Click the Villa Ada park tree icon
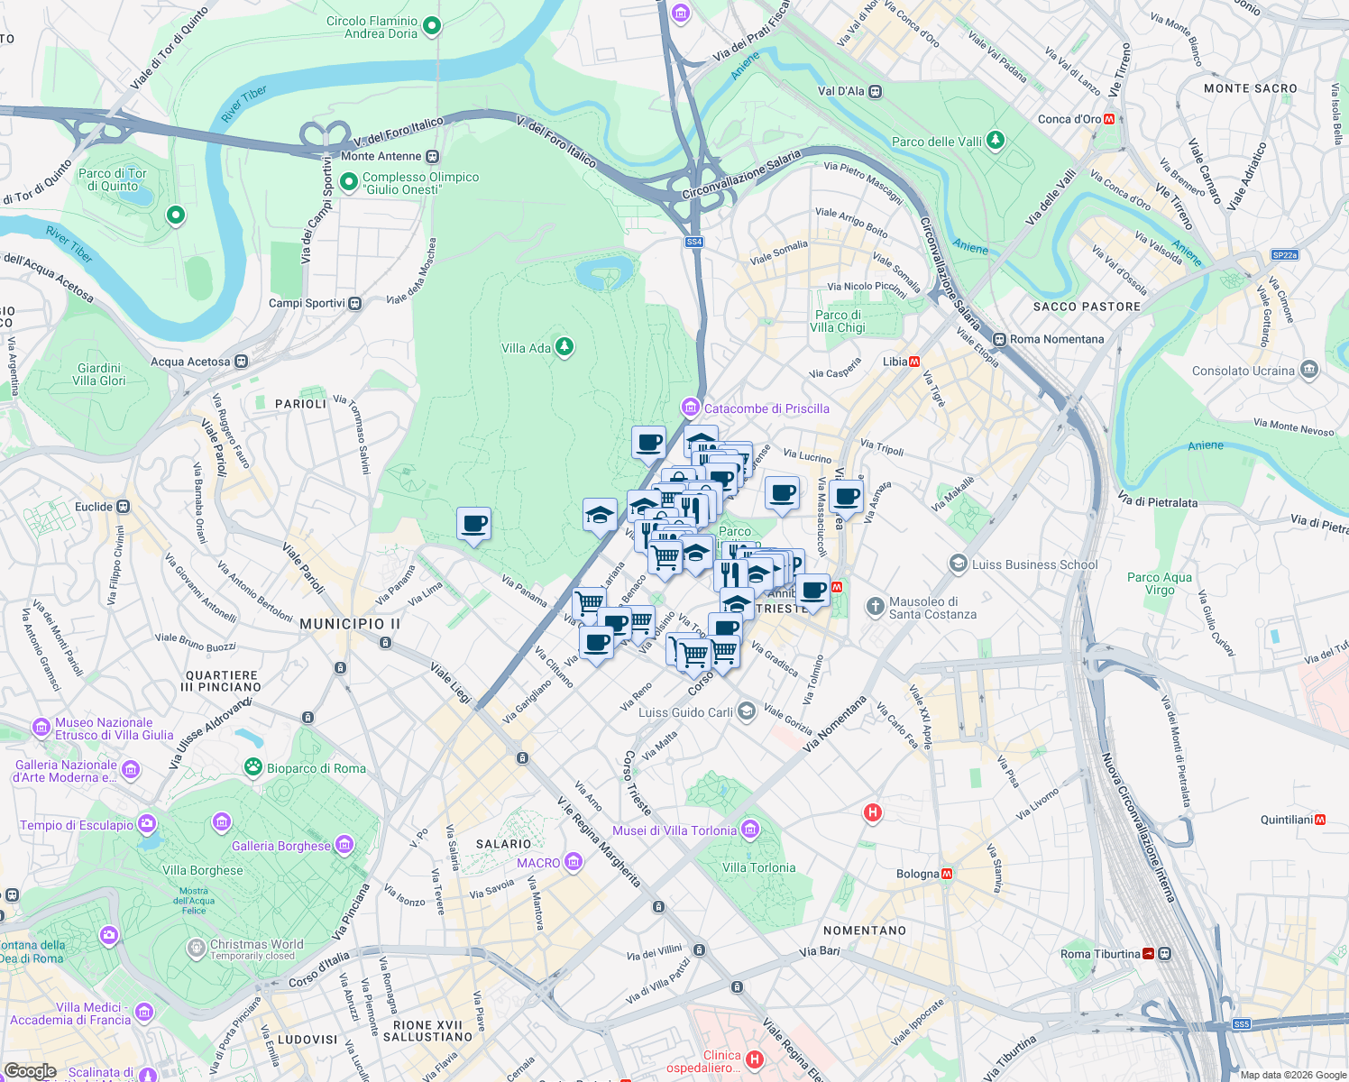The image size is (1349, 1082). pyautogui.click(x=564, y=347)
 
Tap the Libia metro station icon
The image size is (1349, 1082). pyautogui.click(x=914, y=362)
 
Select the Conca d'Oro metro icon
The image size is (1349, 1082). pyautogui.click(x=1109, y=119)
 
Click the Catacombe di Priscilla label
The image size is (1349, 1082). pyautogui.click(x=766, y=408)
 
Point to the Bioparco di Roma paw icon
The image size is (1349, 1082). pyautogui.click(x=253, y=767)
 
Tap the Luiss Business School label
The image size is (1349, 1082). pyautogui.click(x=1034, y=564)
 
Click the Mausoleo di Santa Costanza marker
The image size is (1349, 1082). pyautogui.click(x=875, y=607)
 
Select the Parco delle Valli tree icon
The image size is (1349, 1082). pyautogui.click(x=995, y=141)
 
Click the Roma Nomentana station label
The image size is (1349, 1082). pyautogui.click(x=1056, y=339)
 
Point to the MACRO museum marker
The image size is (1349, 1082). pyautogui.click(x=573, y=863)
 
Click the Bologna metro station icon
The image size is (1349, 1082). pyautogui.click(x=947, y=874)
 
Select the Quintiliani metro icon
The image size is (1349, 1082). pyautogui.click(x=1320, y=820)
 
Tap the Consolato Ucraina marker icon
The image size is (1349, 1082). pyautogui.click(x=1309, y=370)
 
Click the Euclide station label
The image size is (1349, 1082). pyautogui.click(x=94, y=507)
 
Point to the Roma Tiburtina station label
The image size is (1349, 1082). pyautogui.click(x=1100, y=954)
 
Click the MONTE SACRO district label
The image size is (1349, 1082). pyautogui.click(x=1250, y=88)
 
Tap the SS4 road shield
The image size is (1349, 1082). pyautogui.click(x=693, y=242)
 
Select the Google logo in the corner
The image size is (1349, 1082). pyautogui.click(x=30, y=1071)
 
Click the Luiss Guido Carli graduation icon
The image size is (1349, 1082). pyautogui.click(x=746, y=711)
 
